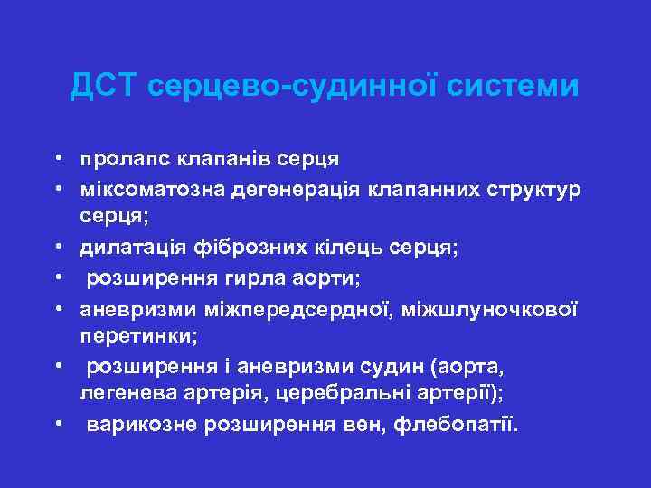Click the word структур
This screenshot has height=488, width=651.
click(530, 190)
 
